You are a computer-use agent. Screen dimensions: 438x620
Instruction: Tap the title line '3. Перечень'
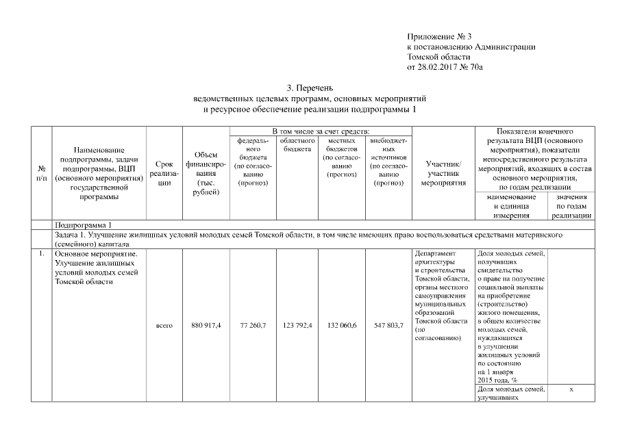(310, 88)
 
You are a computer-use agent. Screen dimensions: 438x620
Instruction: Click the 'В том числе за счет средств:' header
(321, 131)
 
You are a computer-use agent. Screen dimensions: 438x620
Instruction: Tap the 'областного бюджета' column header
(297, 144)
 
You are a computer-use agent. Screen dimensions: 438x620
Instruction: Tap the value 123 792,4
(297, 325)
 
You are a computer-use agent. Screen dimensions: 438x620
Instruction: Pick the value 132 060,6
(343, 325)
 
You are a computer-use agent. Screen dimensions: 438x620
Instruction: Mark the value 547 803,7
(388, 325)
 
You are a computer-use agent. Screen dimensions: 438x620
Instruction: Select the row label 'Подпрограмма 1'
(82, 225)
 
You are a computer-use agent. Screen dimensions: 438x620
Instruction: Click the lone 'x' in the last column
(571, 389)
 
